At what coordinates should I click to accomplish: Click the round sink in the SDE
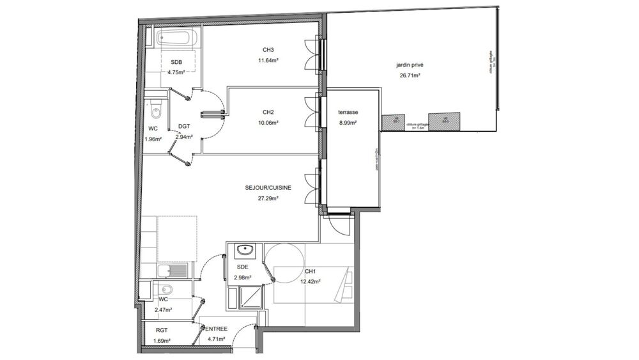click(x=243, y=250)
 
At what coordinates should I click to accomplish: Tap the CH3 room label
click(x=268, y=51)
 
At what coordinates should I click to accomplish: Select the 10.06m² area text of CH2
click(x=268, y=122)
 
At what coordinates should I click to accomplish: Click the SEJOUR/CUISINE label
click(x=268, y=188)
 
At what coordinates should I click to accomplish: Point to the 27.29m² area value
click(x=268, y=198)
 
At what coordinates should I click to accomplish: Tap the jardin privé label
click(x=409, y=65)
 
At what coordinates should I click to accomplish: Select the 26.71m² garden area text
click(x=409, y=75)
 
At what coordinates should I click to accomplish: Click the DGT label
click(x=184, y=127)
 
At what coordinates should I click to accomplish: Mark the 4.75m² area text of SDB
click(x=176, y=72)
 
